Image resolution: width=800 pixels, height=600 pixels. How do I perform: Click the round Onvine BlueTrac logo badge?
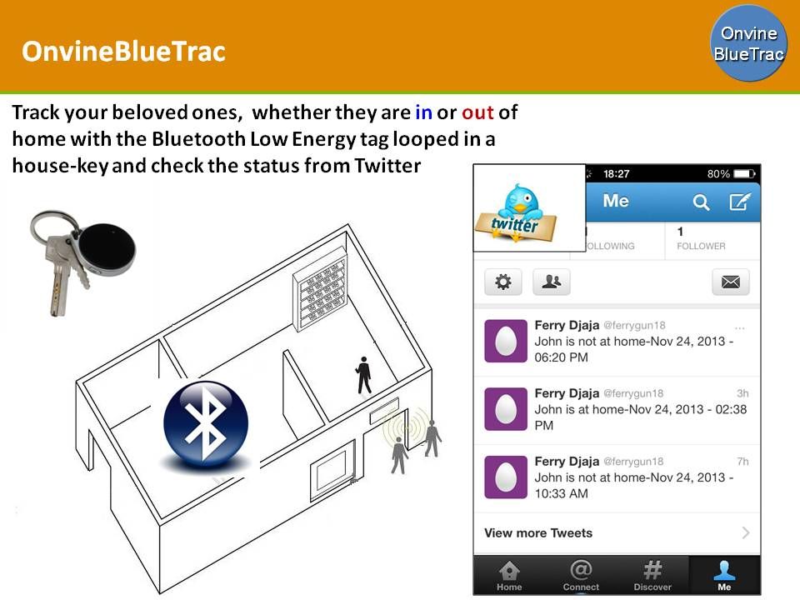click(x=748, y=43)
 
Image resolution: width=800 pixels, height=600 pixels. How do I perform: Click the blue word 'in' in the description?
click(x=423, y=112)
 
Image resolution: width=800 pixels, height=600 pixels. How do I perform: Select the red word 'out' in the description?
click(x=478, y=112)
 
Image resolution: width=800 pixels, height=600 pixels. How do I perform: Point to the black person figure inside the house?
click(x=363, y=374)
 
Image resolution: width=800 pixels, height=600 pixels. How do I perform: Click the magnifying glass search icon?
click(x=702, y=202)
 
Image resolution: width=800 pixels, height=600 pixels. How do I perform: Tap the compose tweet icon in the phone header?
click(x=739, y=202)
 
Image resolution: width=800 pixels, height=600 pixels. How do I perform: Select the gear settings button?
click(x=503, y=282)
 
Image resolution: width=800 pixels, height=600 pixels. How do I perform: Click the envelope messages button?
click(x=731, y=282)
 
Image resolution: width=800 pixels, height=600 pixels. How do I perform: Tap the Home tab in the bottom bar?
click(x=509, y=575)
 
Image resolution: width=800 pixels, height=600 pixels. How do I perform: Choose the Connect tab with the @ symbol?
click(x=581, y=575)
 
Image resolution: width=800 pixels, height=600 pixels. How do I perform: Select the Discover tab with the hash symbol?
click(x=652, y=575)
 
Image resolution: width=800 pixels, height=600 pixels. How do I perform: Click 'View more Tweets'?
click(x=538, y=533)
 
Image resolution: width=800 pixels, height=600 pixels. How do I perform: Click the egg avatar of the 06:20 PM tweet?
click(x=506, y=341)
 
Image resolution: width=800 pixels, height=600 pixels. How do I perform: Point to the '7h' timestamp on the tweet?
click(x=742, y=461)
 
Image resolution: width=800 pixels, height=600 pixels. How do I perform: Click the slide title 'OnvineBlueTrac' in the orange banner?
click(x=123, y=52)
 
